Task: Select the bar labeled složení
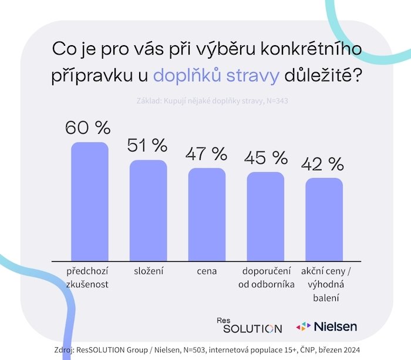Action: [x=148, y=210]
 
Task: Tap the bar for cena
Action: [x=207, y=214]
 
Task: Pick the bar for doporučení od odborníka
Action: [x=265, y=216]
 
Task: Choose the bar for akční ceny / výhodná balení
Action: [x=324, y=219]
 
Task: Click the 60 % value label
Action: [x=87, y=127]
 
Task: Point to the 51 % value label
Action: [x=147, y=144]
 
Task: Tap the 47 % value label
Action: [x=206, y=154]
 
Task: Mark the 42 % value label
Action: [x=323, y=163]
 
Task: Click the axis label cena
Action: [x=207, y=271]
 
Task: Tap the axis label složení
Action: [x=148, y=271]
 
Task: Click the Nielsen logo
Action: [x=326, y=325]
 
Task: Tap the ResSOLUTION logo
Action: [x=249, y=325]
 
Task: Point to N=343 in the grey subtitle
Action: [x=276, y=101]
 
